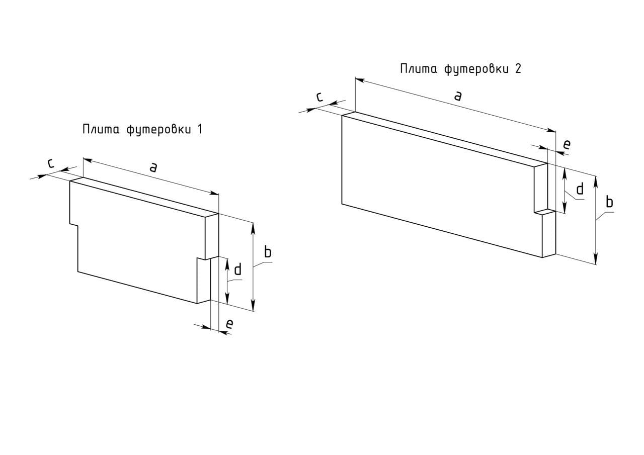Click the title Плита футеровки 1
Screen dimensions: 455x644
point(142,129)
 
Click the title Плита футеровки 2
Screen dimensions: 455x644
point(460,69)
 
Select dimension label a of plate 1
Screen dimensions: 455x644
point(154,167)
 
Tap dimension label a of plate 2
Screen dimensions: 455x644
point(457,96)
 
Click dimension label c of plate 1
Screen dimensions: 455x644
point(50,163)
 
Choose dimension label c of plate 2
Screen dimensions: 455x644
point(319,97)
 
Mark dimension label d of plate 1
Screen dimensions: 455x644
point(238,269)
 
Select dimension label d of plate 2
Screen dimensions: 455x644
point(580,189)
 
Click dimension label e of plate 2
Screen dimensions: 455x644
point(567,144)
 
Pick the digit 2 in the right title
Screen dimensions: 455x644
point(518,69)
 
